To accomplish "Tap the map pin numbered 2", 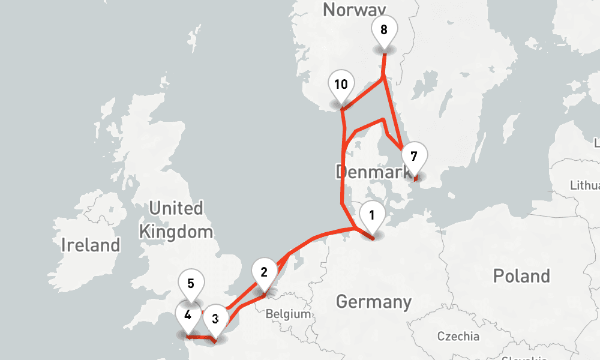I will click(264, 272).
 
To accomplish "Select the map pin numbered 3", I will click(215, 319).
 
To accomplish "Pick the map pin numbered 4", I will click(188, 315).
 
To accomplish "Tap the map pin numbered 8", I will click(384, 29).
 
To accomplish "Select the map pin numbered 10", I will click(341, 85).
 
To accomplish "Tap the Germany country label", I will click(374, 301).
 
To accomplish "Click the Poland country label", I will click(521, 276).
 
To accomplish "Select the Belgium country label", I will click(289, 314).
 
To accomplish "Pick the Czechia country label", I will click(458, 335).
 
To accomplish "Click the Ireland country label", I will click(91, 245).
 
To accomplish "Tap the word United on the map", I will click(175, 209).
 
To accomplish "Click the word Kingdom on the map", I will click(175, 231).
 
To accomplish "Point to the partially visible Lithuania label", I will click(584, 185).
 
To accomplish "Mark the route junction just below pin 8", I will click(383, 79).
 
